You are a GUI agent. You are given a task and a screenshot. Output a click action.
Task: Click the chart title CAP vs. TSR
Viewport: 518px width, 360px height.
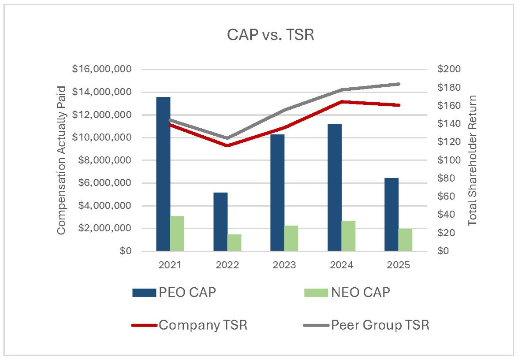[270, 35]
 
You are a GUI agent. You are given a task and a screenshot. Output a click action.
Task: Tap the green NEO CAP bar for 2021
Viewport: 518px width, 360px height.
[177, 234]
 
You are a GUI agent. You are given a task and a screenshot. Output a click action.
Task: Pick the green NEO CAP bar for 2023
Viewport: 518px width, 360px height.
[291, 238]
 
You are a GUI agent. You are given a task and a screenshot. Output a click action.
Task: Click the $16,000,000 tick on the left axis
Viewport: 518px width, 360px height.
[108, 70]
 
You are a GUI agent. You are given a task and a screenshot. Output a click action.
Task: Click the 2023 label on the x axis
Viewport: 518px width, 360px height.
[284, 265]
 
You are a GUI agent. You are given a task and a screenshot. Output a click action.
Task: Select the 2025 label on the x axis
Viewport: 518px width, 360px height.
[399, 265]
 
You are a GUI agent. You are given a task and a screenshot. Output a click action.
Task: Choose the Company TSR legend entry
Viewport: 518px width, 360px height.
[190, 326]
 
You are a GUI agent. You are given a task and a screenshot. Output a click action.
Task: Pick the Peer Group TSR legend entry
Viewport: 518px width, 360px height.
[366, 326]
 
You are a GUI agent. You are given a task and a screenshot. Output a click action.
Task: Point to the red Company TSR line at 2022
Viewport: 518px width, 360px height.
[227, 145]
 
